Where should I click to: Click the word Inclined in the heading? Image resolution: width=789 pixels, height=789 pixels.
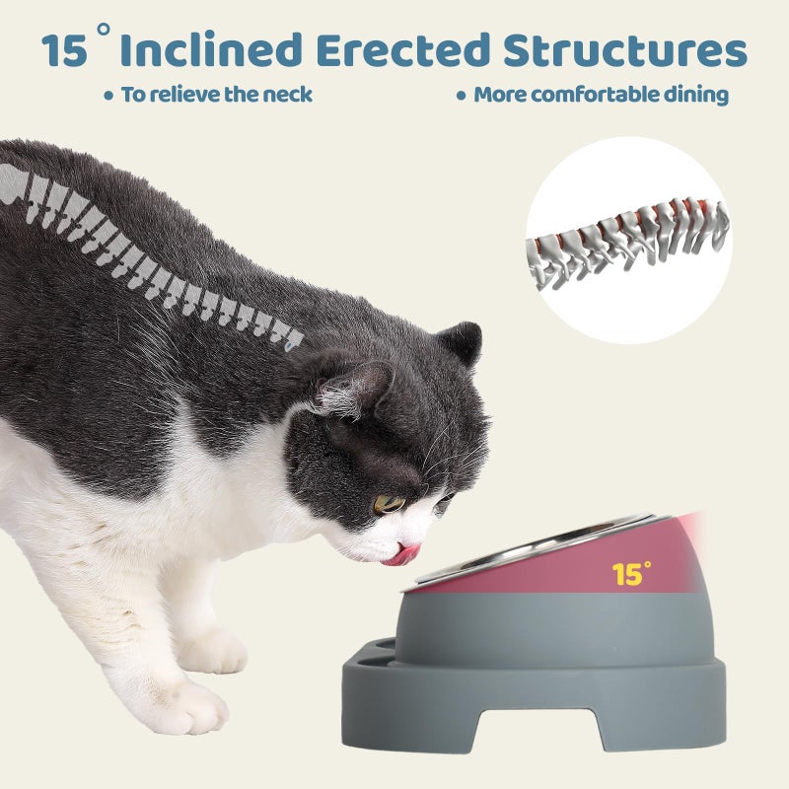pyautogui.click(x=211, y=50)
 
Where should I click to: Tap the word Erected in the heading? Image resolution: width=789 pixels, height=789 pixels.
pyautogui.click(x=403, y=50)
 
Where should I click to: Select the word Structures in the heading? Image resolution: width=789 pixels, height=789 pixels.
pyautogui.click(x=625, y=50)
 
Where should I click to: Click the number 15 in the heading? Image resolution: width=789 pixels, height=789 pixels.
pyautogui.click(x=64, y=51)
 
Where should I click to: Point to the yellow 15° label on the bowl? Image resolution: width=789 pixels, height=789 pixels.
pyautogui.click(x=631, y=573)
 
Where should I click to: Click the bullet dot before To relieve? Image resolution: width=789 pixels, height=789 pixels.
pyautogui.click(x=108, y=96)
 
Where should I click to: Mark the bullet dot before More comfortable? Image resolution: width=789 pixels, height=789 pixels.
pyautogui.click(x=461, y=96)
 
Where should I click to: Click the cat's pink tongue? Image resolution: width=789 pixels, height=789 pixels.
pyautogui.click(x=402, y=555)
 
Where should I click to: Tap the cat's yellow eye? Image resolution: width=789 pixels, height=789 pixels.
pyautogui.click(x=389, y=503)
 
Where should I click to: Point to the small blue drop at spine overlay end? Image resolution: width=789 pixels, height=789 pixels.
pyautogui.click(x=288, y=347)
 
